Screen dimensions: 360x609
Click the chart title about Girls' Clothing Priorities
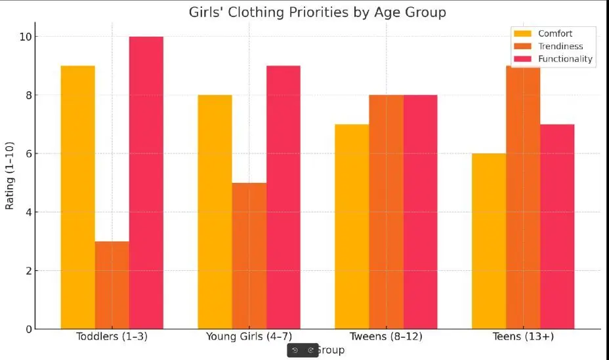point(317,12)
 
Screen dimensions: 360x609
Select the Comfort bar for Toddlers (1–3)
point(77,197)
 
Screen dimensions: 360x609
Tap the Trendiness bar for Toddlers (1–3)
point(112,285)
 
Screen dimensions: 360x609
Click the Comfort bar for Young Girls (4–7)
point(215,211)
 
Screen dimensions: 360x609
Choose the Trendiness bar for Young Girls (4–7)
point(249,255)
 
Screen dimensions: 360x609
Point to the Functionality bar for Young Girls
point(283,197)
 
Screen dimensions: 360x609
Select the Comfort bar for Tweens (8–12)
point(352,226)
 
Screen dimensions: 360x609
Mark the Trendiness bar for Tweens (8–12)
point(386,211)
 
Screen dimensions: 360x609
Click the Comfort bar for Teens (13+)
point(489,241)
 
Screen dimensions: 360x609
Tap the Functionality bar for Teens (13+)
point(557,226)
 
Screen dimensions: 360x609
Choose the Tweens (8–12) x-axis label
point(386,336)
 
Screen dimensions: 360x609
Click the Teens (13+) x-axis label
point(523,336)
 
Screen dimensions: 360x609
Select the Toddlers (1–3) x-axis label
point(112,336)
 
